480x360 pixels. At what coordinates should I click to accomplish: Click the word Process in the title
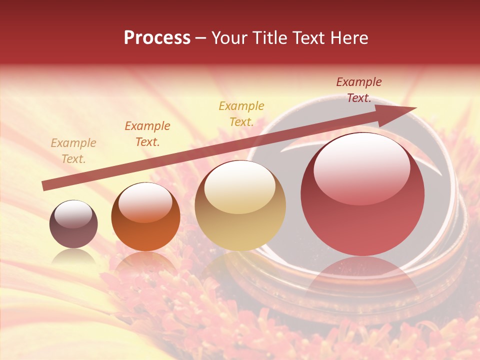click(157, 38)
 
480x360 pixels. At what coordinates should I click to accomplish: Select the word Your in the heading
click(229, 38)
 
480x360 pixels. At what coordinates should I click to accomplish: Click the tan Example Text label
click(73, 151)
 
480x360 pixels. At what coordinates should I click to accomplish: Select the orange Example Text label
click(147, 134)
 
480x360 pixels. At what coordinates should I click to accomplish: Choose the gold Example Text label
click(241, 114)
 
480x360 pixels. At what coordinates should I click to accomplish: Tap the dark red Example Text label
click(359, 90)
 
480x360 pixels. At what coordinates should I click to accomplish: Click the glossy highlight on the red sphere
click(362, 167)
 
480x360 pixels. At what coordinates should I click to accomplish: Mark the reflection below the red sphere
click(362, 280)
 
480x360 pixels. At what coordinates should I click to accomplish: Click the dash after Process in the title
click(201, 38)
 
